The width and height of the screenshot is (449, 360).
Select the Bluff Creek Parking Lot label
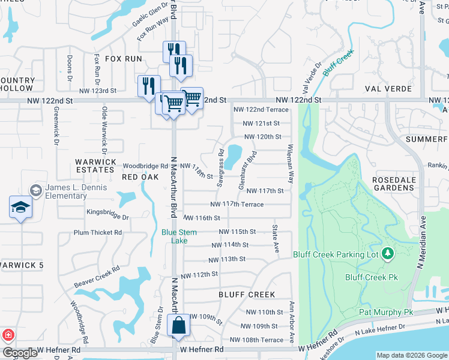pyautogui.click(x=336, y=254)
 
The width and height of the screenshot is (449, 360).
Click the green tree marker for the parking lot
pyautogui.click(x=387, y=254)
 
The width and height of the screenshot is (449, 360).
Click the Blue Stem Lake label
pyautogui.click(x=175, y=236)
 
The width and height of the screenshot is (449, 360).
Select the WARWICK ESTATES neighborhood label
pyautogui.click(x=95, y=166)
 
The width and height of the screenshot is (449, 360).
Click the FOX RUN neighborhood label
pyautogui.click(x=124, y=59)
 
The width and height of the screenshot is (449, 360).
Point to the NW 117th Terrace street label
pyautogui.click(x=237, y=205)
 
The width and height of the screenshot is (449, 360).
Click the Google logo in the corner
pyautogui.click(x=20, y=353)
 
